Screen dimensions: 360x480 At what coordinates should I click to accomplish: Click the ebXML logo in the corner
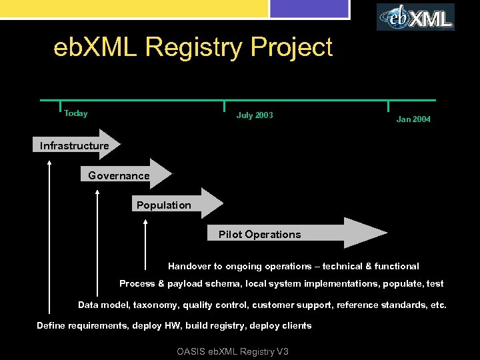[415, 17]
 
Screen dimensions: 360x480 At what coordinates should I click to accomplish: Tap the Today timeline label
[75, 113]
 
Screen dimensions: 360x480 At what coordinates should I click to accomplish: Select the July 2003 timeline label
[255, 115]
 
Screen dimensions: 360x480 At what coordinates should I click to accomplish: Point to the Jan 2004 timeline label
[413, 119]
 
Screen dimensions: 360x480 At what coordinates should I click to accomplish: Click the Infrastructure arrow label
[74, 146]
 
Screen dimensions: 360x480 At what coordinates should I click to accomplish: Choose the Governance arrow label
[119, 176]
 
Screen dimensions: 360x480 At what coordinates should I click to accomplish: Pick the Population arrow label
[163, 205]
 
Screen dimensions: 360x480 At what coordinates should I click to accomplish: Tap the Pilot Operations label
[259, 235]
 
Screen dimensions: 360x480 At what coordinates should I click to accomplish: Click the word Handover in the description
[189, 266]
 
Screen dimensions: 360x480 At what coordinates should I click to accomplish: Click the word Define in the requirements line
[51, 326]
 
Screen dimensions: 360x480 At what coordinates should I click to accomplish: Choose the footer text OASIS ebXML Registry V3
[233, 351]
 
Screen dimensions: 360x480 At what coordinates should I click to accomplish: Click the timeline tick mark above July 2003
[225, 107]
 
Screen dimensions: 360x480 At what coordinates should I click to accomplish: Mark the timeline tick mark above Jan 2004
[388, 107]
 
